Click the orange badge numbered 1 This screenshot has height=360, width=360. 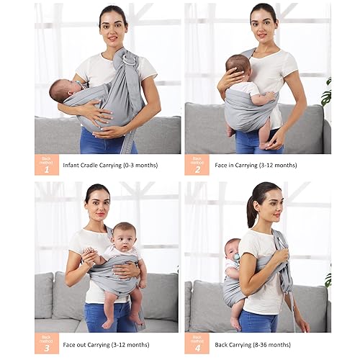[x=46, y=165]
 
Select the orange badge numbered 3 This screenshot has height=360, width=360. [x=46, y=343]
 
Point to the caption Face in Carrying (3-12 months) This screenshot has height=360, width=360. [x=256, y=165]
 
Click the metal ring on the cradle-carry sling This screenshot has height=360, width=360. [x=127, y=62]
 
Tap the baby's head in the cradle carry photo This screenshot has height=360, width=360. [x=62, y=91]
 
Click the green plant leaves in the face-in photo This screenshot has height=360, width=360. [x=326, y=94]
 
